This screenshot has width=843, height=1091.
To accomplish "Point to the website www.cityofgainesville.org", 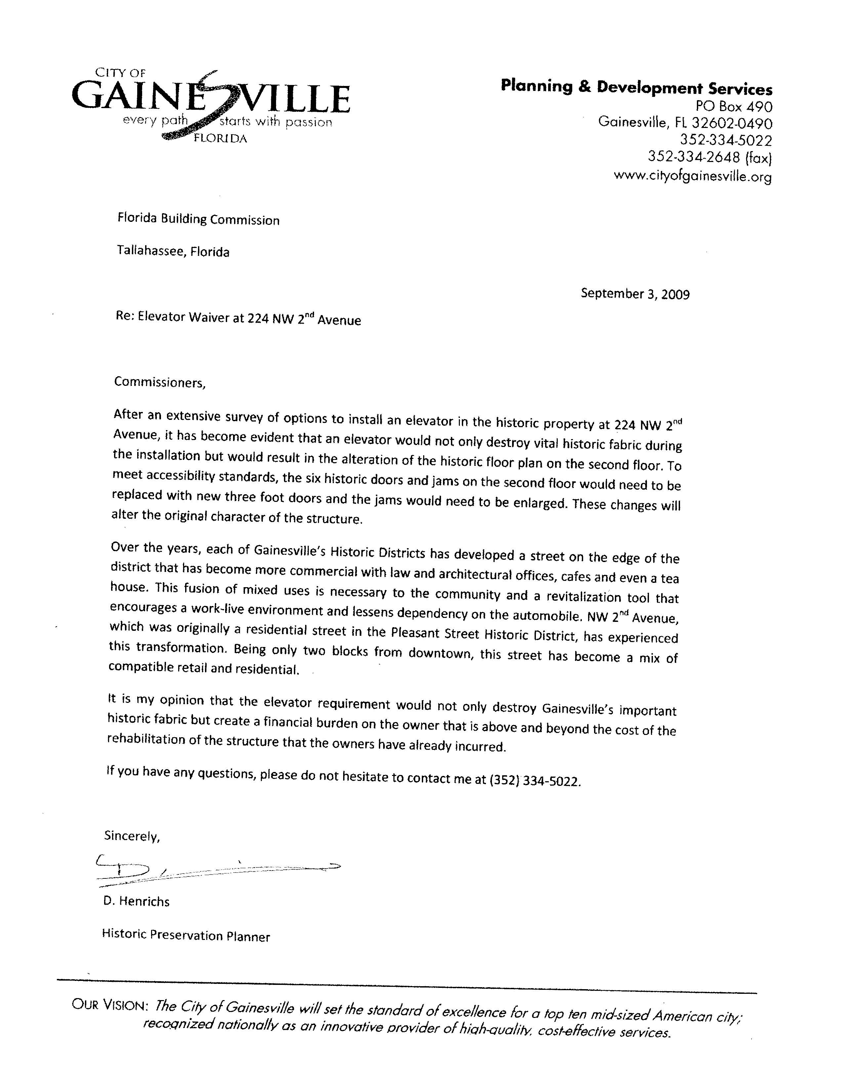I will coord(692,176).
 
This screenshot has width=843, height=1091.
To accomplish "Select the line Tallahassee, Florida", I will coord(173,251).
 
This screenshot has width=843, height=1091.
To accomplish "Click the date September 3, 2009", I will coord(635,294).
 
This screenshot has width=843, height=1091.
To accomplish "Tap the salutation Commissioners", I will coord(160,382).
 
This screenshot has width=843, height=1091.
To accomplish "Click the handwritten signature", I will coord(215,870).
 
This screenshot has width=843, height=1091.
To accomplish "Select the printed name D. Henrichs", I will coord(136,902).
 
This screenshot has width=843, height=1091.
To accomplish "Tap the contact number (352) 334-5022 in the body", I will coord(535,780).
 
